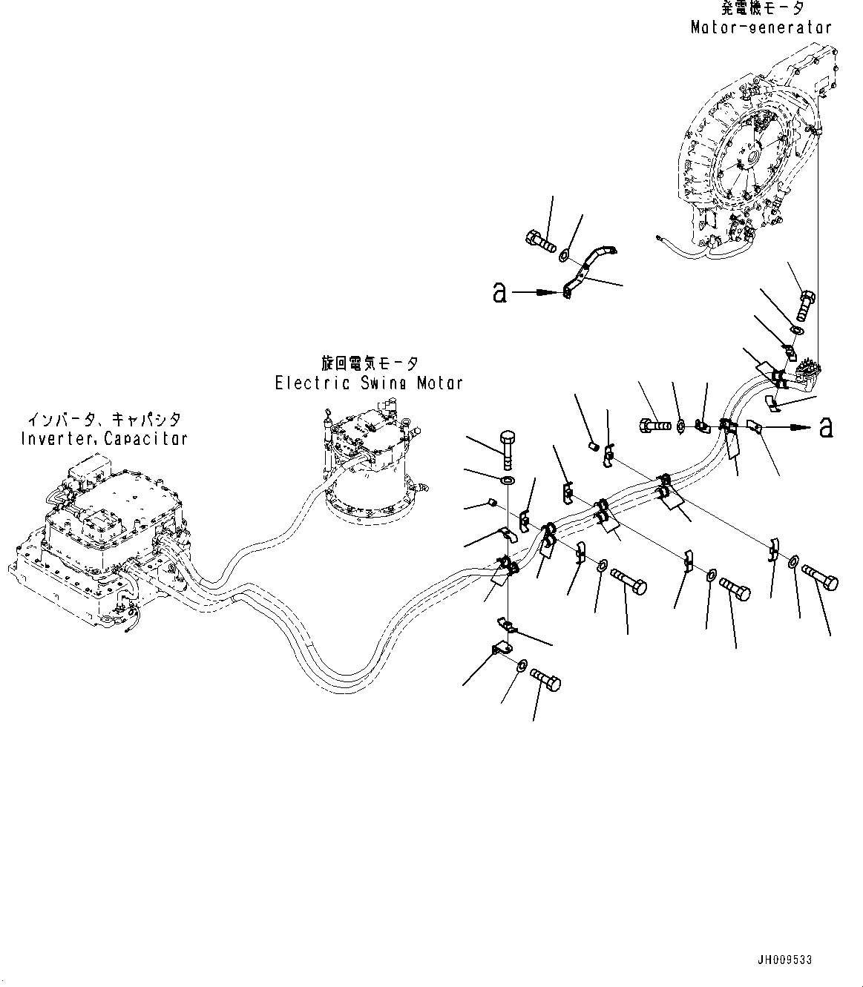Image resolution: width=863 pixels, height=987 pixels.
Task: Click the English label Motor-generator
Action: click(761, 27)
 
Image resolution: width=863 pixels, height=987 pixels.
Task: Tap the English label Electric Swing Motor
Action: click(369, 383)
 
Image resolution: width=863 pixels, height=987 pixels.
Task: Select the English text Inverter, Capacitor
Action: click(104, 438)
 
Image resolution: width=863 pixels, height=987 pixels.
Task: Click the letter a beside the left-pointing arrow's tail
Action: click(499, 293)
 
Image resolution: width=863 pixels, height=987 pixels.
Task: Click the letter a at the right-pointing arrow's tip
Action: click(826, 427)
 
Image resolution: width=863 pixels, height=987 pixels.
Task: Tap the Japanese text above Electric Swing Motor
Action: click(370, 363)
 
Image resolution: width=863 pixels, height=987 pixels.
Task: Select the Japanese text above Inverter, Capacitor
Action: click(105, 419)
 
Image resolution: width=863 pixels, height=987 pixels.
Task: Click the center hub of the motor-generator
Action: click(752, 157)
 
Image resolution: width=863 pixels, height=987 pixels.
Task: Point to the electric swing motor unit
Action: click(371, 466)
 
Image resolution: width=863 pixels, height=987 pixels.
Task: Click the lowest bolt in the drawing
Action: click(545, 680)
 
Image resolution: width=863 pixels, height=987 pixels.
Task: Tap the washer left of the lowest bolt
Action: click(522, 666)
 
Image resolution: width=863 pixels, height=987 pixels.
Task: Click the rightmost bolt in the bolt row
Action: click(820, 578)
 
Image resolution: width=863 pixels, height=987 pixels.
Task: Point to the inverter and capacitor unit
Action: click(99, 541)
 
